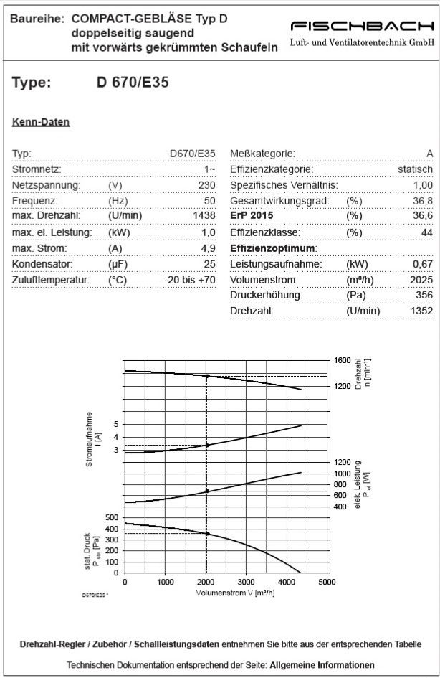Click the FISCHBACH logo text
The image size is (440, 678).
click(x=362, y=27)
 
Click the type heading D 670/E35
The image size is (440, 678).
click(x=133, y=82)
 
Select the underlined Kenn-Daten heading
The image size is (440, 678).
click(x=41, y=122)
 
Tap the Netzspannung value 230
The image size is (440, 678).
click(x=206, y=185)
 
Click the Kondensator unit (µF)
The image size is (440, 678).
click(x=118, y=264)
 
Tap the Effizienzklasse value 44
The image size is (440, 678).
click(x=426, y=232)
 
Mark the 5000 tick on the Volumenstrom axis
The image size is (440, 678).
click(x=326, y=583)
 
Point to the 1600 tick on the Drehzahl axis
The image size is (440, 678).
click(x=341, y=360)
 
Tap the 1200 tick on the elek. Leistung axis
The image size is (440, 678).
click(x=341, y=463)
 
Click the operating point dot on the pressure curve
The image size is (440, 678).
click(x=208, y=534)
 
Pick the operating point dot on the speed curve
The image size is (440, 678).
click(x=208, y=376)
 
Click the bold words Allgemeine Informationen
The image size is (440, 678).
click(x=322, y=664)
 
